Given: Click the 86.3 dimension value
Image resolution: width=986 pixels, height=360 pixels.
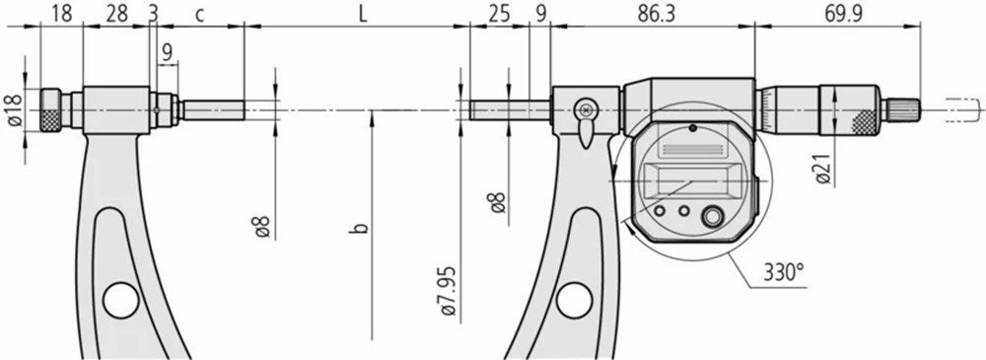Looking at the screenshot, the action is [656, 15].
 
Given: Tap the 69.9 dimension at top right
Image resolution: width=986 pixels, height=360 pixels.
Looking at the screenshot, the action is [843, 15].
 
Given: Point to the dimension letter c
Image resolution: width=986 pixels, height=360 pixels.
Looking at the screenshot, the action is [199, 15].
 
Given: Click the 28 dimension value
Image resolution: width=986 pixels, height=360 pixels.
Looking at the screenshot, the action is [117, 15].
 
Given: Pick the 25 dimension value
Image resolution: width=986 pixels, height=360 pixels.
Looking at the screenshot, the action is [499, 15].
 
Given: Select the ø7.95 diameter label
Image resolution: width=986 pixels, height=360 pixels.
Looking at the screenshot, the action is [449, 291].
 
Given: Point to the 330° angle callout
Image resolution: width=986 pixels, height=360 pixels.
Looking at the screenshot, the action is [784, 274].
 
